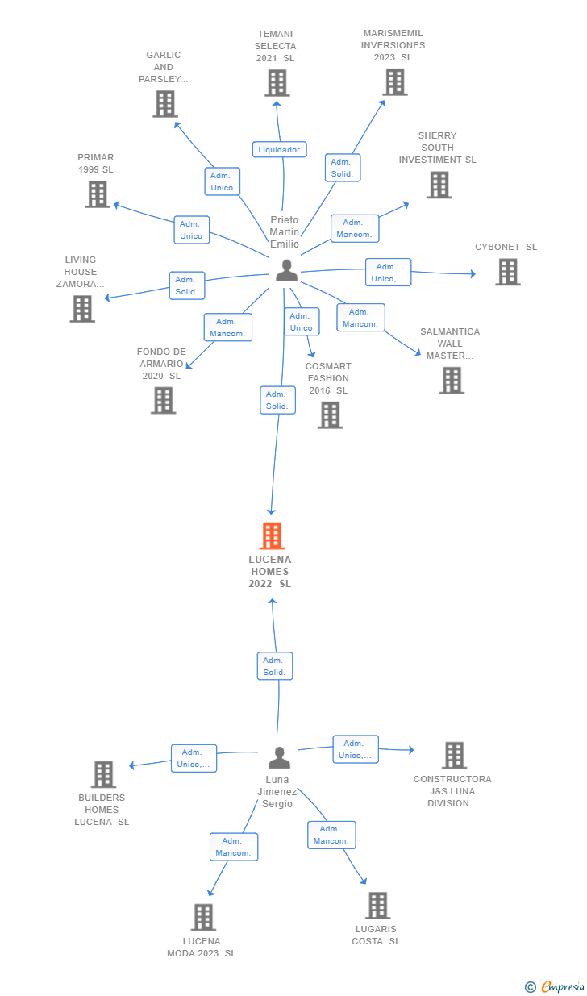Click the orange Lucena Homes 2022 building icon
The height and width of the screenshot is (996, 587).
272,536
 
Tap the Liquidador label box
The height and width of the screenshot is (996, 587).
279,149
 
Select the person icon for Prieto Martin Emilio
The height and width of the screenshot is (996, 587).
286,271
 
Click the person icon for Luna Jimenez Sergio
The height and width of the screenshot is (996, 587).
279,757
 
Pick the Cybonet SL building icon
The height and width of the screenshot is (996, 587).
508,272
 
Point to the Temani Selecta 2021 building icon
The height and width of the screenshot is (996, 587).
277,83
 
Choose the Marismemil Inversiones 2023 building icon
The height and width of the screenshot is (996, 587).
395,81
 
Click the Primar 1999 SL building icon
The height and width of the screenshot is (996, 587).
98,194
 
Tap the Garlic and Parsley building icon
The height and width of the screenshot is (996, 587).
165,103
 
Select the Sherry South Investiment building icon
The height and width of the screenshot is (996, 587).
439,185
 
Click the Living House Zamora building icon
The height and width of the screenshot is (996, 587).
82,309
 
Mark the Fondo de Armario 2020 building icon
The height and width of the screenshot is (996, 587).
163,400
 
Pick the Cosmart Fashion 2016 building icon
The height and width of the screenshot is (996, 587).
330,415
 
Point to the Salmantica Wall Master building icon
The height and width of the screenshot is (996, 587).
452,380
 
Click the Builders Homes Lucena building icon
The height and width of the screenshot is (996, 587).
104,774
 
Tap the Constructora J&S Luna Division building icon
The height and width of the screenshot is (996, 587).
454,756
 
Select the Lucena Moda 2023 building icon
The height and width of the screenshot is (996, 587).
203,917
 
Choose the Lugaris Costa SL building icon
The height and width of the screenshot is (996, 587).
377,906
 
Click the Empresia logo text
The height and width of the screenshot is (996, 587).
563,986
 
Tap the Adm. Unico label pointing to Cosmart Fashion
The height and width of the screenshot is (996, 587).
302,322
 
